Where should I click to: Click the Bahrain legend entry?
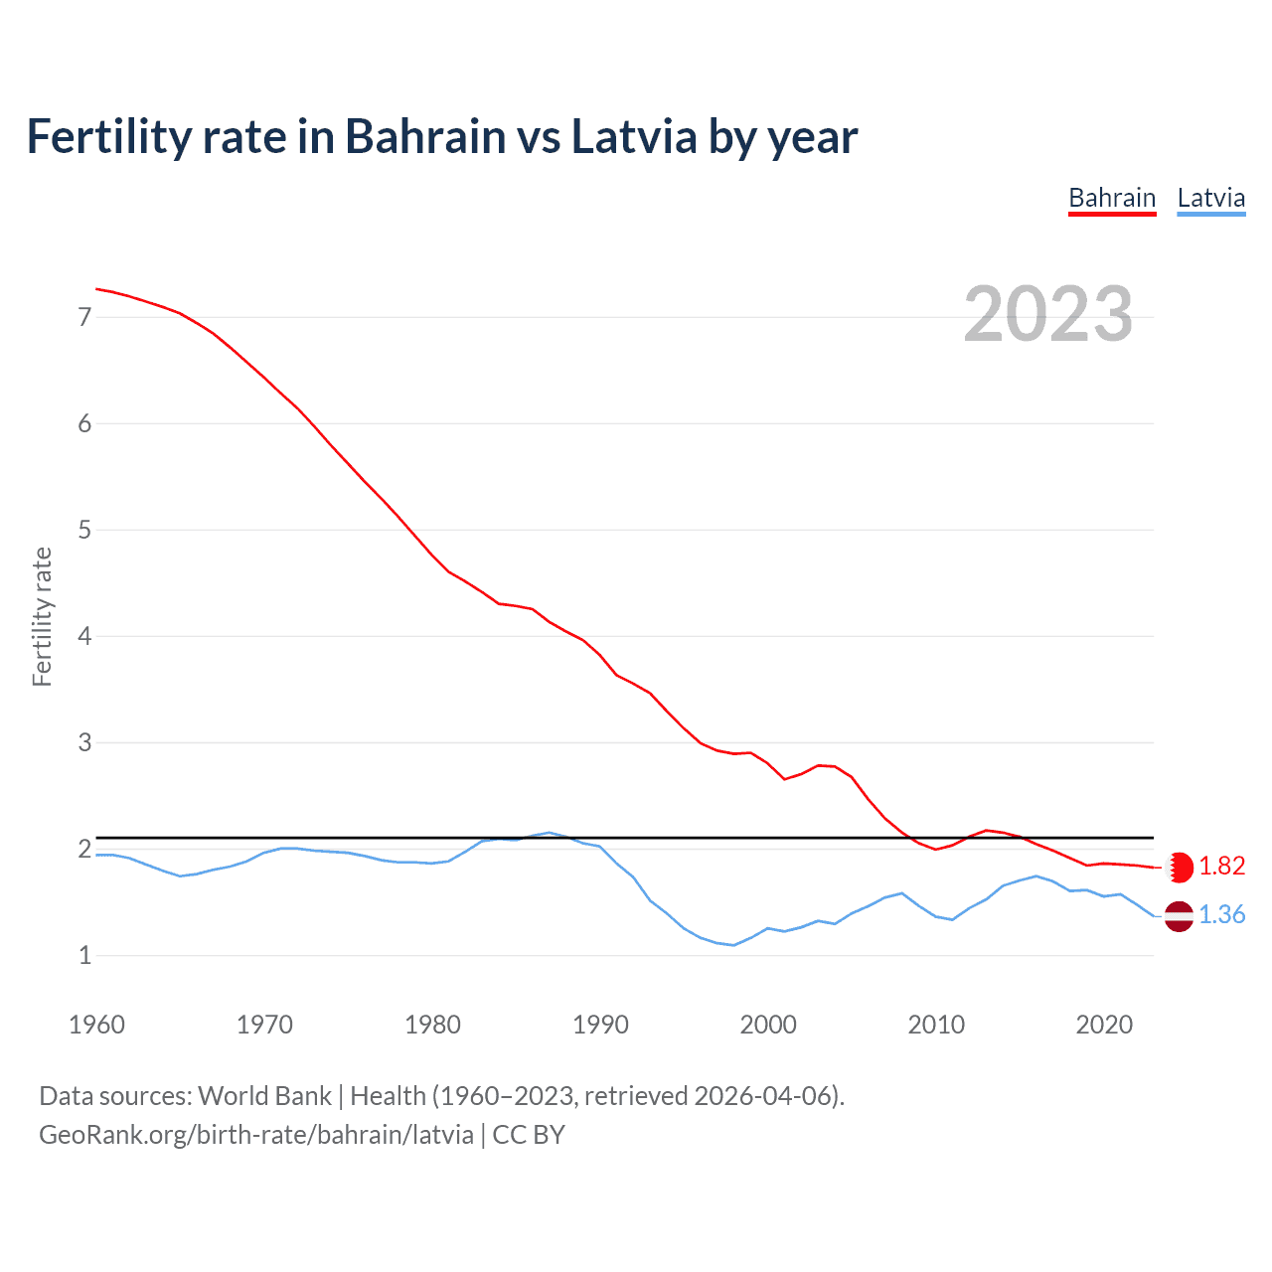[x=1112, y=198]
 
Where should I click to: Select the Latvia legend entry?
[x=1210, y=198]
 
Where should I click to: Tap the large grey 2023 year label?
[x=1048, y=314]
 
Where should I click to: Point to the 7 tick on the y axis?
[x=84, y=317]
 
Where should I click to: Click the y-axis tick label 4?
[x=84, y=636]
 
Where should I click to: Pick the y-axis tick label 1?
[x=84, y=955]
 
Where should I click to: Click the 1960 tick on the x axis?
[x=96, y=1025]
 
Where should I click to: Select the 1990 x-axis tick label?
[x=600, y=1025]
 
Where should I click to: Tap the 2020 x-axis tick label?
[x=1104, y=1025]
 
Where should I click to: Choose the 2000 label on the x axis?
[x=768, y=1025]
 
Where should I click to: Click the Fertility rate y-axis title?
[x=42, y=616]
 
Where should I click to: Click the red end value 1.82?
[x=1221, y=867]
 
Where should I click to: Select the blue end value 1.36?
[x=1221, y=915]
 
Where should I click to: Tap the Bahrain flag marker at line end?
[x=1180, y=867]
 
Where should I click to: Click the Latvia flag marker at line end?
[x=1179, y=916]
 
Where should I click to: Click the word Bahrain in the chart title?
[x=425, y=137]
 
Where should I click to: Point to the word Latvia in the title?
[x=633, y=137]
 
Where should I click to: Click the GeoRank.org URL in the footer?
[x=255, y=1135]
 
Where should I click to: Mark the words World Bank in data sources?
[x=264, y=1096]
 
